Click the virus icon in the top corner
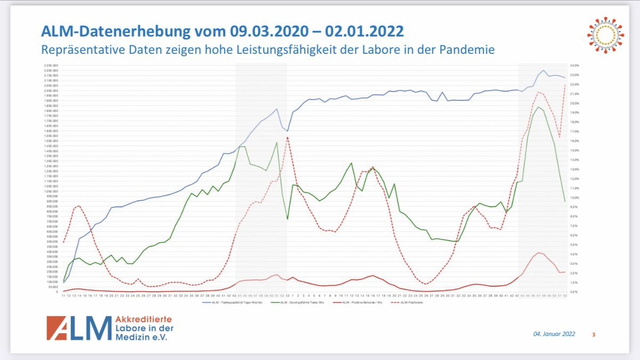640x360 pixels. click(x=605, y=35)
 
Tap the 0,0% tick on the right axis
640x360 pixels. click(x=574, y=292)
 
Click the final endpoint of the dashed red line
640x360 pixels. click(x=565, y=85)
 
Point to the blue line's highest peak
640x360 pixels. click(x=543, y=70)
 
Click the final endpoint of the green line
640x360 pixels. click(x=565, y=202)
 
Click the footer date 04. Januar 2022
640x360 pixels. click(x=554, y=334)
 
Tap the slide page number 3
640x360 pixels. click(x=594, y=334)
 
